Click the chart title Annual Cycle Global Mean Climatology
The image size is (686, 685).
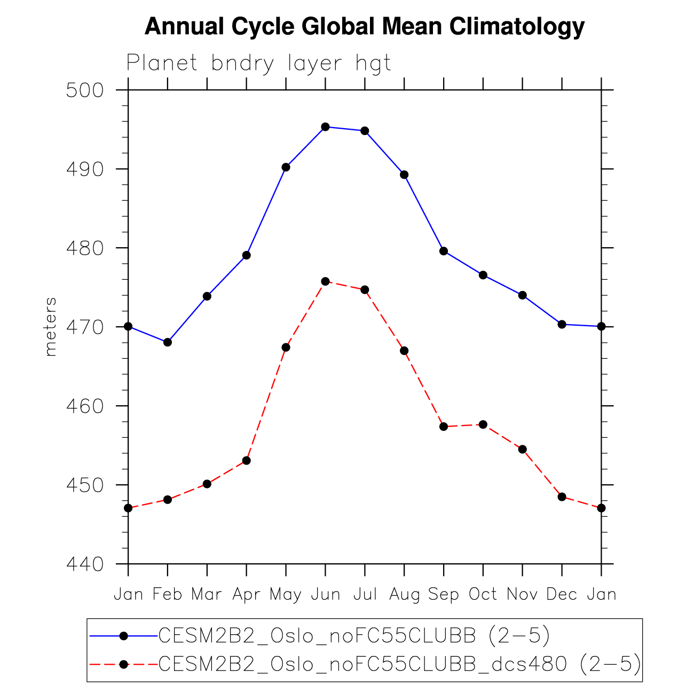365,27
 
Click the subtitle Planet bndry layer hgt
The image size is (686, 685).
259,63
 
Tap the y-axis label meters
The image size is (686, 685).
50,327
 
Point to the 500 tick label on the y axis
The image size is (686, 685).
84,90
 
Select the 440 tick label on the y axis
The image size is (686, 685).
84,564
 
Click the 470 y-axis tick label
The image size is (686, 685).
84,327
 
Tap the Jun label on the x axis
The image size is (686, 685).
325,594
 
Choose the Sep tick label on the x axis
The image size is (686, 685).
444,594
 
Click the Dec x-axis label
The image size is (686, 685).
562,594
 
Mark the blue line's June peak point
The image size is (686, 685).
325,127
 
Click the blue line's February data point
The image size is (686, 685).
168,342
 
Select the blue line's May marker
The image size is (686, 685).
286,167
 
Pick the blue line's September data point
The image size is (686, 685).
444,251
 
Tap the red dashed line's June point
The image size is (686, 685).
325,281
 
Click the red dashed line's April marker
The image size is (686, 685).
246,460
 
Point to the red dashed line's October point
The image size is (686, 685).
483,424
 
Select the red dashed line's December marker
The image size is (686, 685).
562,497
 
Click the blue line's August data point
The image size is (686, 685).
404,175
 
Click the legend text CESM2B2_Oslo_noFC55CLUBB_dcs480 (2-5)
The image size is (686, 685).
399,664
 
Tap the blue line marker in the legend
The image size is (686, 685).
123,635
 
